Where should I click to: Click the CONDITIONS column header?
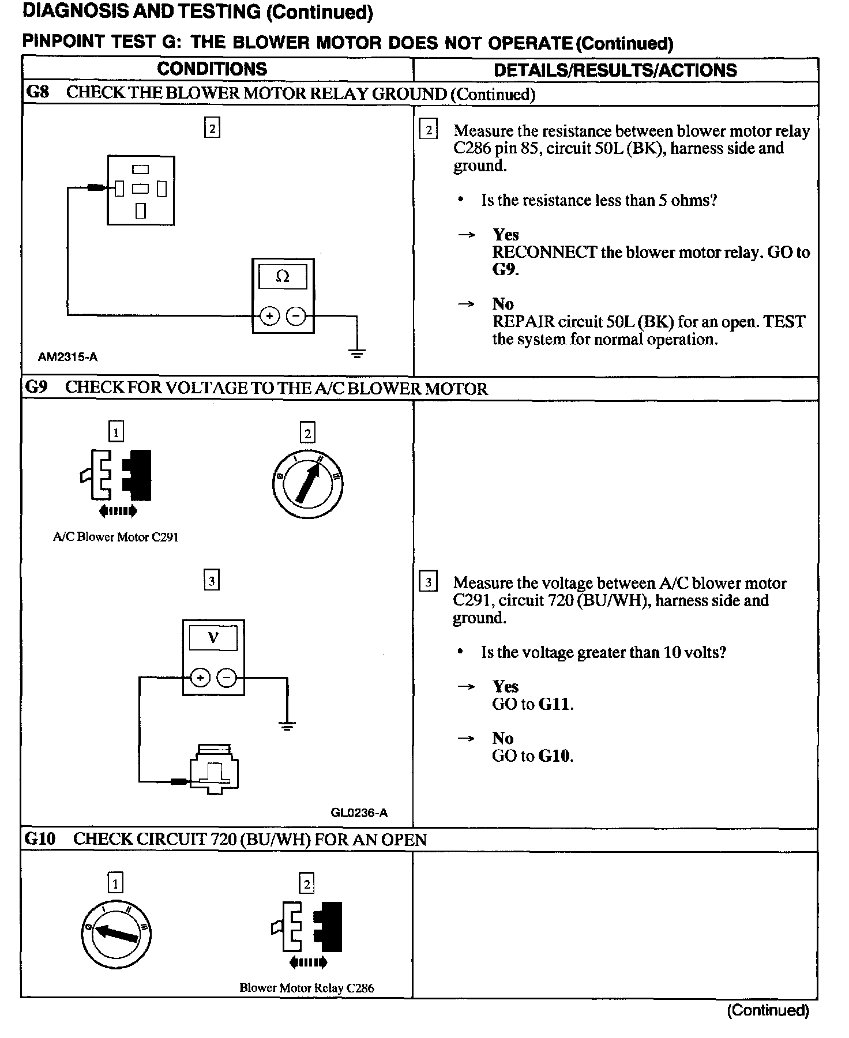212,69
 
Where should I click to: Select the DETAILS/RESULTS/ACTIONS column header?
615,70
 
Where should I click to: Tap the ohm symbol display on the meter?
283,277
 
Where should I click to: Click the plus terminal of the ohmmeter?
269,315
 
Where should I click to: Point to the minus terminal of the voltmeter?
227,678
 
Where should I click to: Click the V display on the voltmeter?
213,638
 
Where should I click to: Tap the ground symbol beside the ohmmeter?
357,353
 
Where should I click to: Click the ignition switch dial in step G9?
307,482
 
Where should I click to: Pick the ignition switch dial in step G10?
116,933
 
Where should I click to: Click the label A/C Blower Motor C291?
116,537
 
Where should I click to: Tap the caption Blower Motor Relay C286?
307,988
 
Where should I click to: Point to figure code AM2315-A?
68,357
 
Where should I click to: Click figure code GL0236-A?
359,813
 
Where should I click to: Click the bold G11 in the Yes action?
555,704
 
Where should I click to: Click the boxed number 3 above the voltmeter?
212,581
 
